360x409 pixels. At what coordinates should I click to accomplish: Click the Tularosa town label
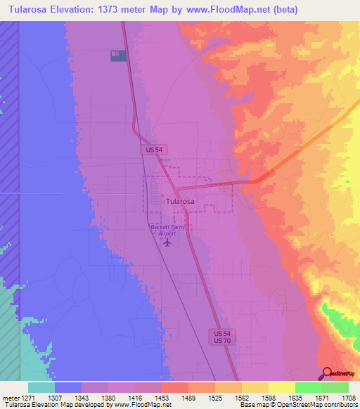tap(180, 201)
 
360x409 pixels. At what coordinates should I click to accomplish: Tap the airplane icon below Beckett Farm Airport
tap(167, 242)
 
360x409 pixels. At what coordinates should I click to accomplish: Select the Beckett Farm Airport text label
tap(167, 230)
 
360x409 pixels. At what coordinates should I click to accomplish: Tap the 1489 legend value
tap(188, 397)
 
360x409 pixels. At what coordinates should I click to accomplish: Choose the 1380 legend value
tap(108, 397)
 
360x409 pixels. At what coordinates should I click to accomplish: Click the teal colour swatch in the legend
tap(41, 387)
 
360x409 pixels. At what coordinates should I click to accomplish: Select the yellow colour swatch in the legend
tap(281, 387)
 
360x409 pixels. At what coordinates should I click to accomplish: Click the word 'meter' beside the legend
tap(9, 397)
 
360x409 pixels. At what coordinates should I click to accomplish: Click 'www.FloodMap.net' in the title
tap(219, 10)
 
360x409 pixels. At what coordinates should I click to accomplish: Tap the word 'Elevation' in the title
tap(68, 10)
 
